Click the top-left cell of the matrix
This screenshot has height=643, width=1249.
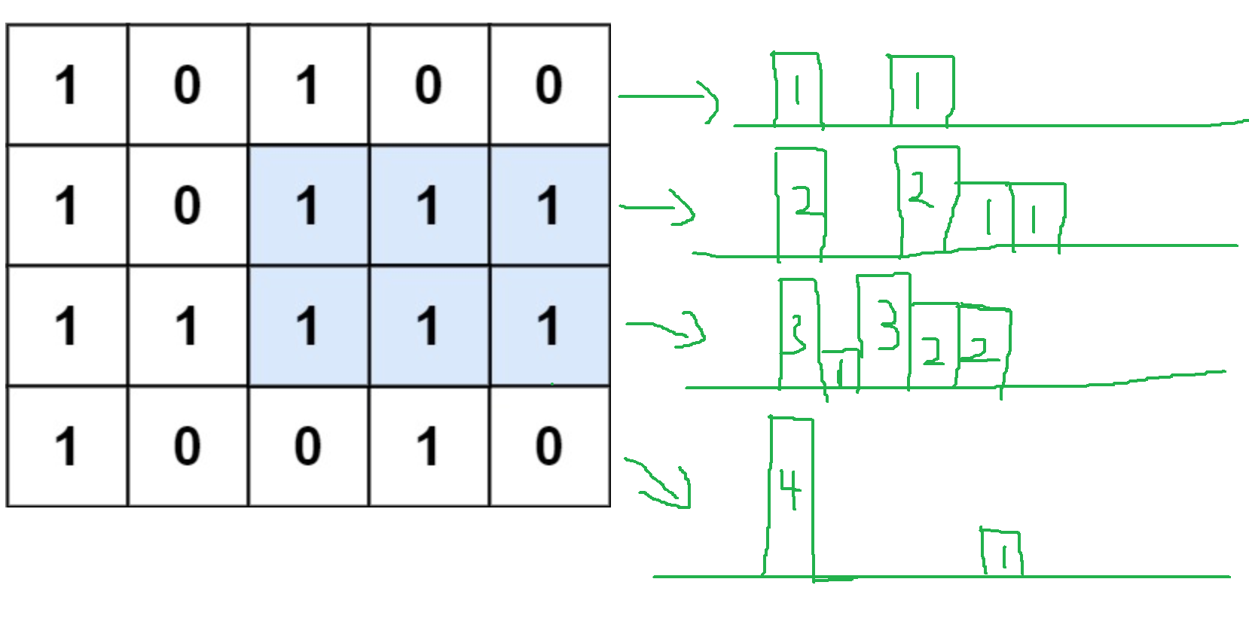point(67,84)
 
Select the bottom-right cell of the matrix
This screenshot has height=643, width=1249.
point(549,446)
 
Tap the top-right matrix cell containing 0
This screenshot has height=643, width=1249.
point(549,84)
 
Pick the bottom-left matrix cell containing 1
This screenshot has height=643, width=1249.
point(67,446)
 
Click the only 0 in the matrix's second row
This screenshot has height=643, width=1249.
point(188,205)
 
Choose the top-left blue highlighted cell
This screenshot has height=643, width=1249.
point(308,205)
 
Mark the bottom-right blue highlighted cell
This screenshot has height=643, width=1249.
point(549,325)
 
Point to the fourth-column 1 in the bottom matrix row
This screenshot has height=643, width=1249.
point(429,446)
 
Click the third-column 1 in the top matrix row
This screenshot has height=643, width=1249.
point(308,84)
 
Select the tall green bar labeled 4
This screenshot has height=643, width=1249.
point(790,497)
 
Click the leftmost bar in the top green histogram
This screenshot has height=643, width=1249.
point(798,90)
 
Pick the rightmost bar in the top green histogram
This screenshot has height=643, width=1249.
point(921,90)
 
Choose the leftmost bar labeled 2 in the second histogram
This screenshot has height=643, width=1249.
point(801,203)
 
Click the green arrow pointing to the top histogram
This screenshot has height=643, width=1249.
point(667,98)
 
